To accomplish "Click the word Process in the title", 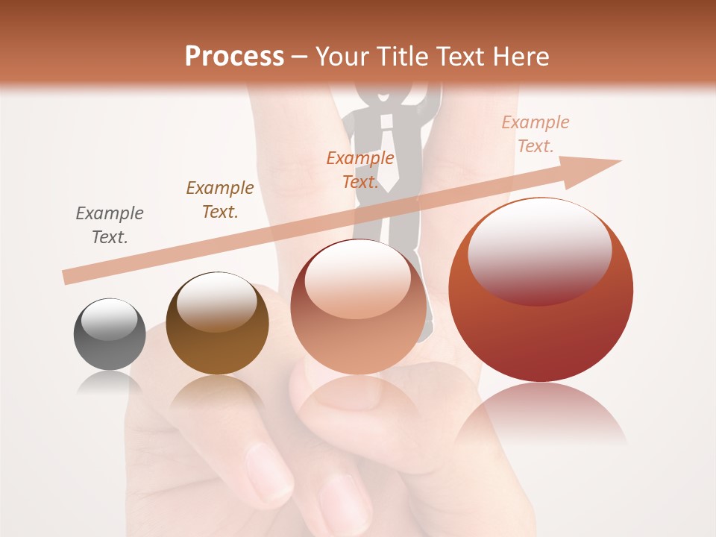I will pyautogui.click(x=234, y=57).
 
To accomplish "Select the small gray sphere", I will pyautogui.click(x=110, y=336).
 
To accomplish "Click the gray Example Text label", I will pyautogui.click(x=110, y=225).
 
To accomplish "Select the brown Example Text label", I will pyautogui.click(x=219, y=200).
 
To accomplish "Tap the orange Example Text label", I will pyautogui.click(x=359, y=170).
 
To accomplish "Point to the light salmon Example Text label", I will pyautogui.click(x=535, y=134).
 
